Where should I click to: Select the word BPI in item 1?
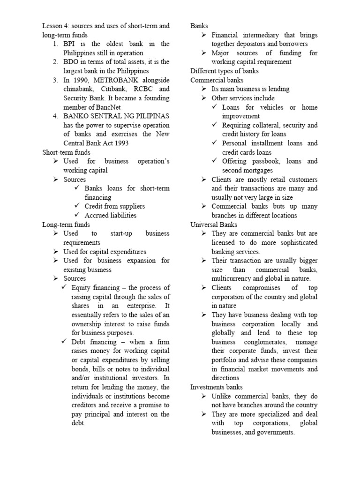pyautogui.click(x=70, y=44)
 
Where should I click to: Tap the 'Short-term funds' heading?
pyautogui.click(x=66, y=152)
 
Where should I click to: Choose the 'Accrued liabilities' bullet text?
pyautogui.click(x=111, y=216)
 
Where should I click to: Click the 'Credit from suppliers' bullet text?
pyautogui.click(x=115, y=206)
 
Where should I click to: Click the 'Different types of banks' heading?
pyautogui.click(x=225, y=71)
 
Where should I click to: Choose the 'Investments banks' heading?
pyautogui.click(x=217, y=387)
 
